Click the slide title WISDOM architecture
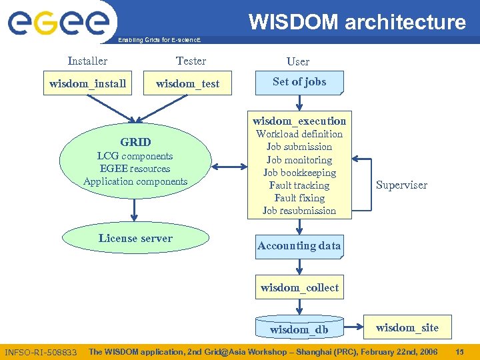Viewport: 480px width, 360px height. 357,22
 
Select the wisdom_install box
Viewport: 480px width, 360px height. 88,83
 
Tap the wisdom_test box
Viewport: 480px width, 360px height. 187,83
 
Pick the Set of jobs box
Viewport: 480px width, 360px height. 299,82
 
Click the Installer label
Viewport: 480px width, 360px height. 87,61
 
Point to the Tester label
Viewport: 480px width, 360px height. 191,61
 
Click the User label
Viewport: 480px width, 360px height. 298,61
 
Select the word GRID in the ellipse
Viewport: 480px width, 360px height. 135,142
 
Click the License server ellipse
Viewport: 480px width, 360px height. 135,238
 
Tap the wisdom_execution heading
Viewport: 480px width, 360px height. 299,121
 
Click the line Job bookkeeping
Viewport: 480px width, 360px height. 299,173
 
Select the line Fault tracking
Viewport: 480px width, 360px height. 299,185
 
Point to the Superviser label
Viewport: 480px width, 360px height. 401,185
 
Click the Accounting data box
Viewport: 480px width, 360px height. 299,246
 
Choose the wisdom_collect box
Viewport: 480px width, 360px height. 299,288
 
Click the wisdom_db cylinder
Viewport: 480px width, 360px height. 299,329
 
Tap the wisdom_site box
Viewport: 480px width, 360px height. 407,327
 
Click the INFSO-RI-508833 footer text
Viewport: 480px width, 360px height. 41,352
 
